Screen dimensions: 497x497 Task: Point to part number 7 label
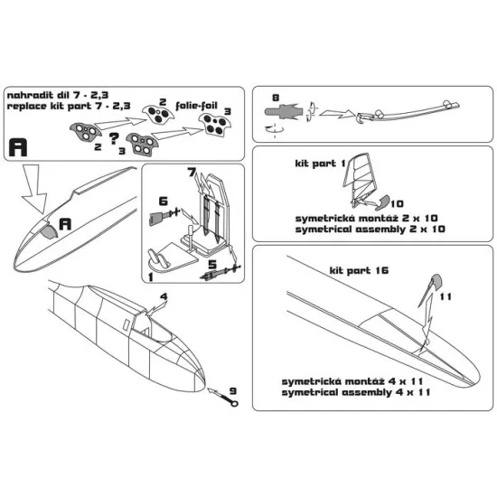point(192,172)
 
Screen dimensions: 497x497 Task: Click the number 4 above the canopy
point(164,295)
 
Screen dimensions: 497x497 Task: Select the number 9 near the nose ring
point(232,392)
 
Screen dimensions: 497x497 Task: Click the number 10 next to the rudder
point(398,204)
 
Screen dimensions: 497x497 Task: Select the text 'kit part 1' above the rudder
point(314,166)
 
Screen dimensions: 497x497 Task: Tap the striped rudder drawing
point(362,180)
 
